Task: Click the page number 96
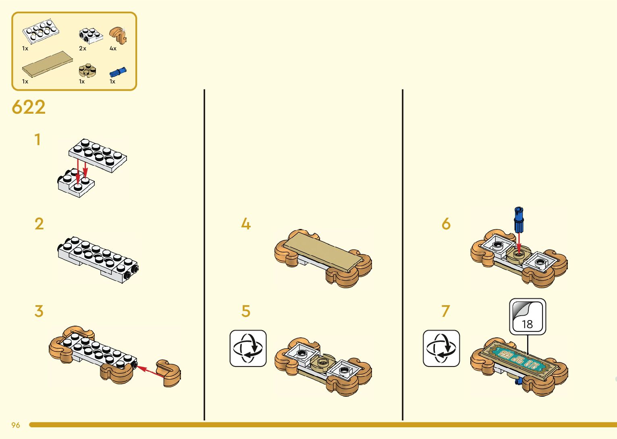pyautogui.click(x=16, y=425)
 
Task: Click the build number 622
pyautogui.click(x=29, y=107)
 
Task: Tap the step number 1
pyautogui.click(x=37, y=140)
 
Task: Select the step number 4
pyautogui.click(x=246, y=224)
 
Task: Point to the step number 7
pyautogui.click(x=445, y=311)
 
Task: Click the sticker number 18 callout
pyautogui.click(x=528, y=317)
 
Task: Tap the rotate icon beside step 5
pyautogui.click(x=248, y=348)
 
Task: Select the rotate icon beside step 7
pyautogui.click(x=441, y=348)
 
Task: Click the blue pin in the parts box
pyautogui.click(x=118, y=72)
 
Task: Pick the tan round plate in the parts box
pyautogui.click(x=87, y=71)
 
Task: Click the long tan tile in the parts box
pyautogui.click(x=48, y=64)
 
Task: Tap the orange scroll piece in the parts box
pyautogui.click(x=118, y=35)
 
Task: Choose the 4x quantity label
pyautogui.click(x=113, y=48)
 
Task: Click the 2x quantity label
pyautogui.click(x=83, y=48)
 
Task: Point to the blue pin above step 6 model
pyautogui.click(x=519, y=220)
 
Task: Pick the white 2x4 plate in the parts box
pyautogui.click(x=42, y=31)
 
